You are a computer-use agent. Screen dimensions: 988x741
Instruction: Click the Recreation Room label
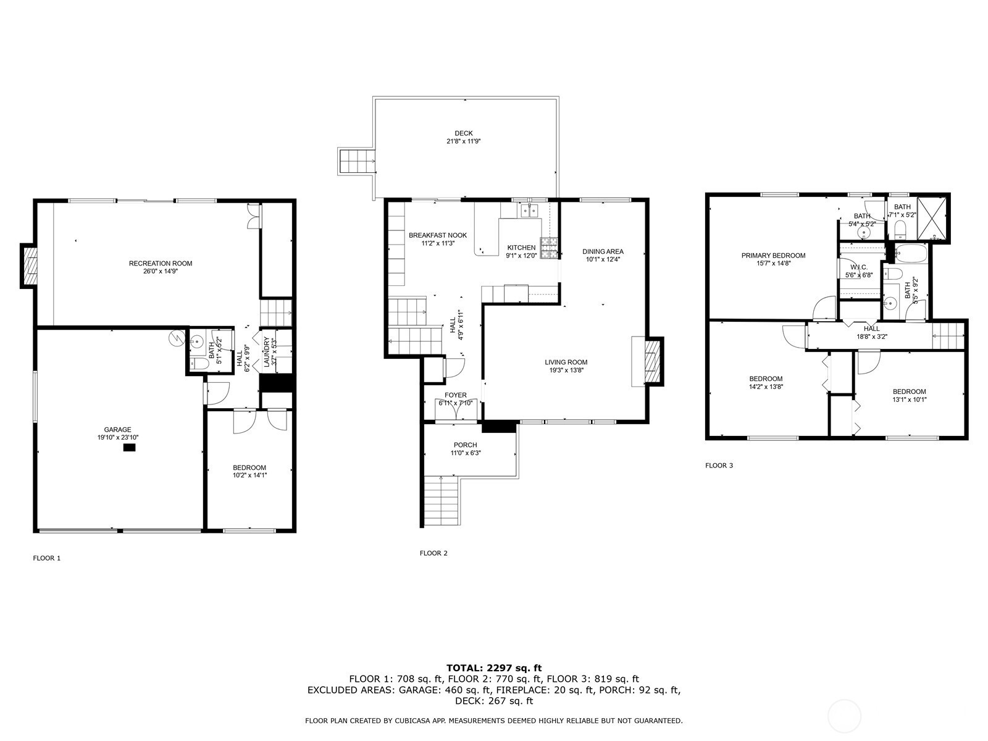point(160,263)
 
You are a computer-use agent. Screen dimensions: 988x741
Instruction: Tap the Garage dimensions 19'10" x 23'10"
point(118,437)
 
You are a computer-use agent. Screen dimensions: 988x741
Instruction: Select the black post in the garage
point(129,447)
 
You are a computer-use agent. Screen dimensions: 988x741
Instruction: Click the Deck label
point(464,133)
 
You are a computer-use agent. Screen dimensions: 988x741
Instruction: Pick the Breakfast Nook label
point(438,235)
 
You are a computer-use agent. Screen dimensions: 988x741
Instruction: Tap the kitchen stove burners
point(549,248)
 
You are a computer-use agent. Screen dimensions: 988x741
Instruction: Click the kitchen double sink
point(529,211)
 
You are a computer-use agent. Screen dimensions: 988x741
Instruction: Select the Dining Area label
point(603,251)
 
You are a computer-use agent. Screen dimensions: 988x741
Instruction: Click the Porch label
point(466,445)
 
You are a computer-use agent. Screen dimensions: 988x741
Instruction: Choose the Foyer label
point(456,395)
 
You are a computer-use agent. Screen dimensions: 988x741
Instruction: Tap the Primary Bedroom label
point(773,256)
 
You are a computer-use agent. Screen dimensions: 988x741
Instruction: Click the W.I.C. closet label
point(859,267)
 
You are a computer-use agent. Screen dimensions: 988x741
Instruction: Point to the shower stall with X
point(932,219)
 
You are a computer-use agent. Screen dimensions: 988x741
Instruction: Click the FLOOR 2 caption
point(433,553)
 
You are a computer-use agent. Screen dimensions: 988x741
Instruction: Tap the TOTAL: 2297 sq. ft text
point(494,668)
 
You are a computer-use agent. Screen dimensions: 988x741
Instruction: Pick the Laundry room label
point(267,352)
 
